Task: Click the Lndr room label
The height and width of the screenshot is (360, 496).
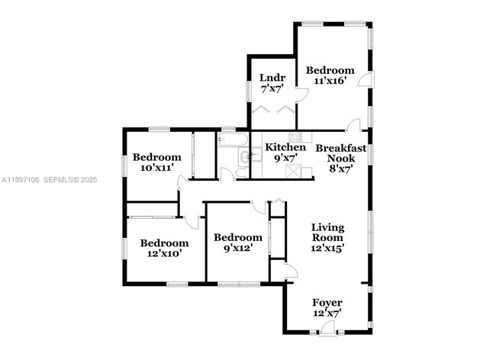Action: pyautogui.click(x=272, y=83)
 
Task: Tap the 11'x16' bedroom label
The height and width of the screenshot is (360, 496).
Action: pyautogui.click(x=330, y=76)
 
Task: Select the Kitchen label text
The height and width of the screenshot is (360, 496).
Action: pyautogui.click(x=285, y=152)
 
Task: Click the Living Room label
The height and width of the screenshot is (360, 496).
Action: pyautogui.click(x=327, y=237)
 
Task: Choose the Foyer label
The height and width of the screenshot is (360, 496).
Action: pyautogui.click(x=327, y=307)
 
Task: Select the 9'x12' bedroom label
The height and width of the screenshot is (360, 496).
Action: pyautogui.click(x=237, y=242)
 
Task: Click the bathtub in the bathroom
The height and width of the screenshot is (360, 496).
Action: pyautogui.click(x=230, y=140)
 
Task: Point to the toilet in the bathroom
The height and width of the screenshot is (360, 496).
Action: pyautogui.click(x=240, y=172)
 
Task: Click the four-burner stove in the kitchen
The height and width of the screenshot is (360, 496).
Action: pyautogui.click(x=306, y=138)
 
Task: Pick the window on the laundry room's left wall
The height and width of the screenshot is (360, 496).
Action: pyautogui.click(x=247, y=88)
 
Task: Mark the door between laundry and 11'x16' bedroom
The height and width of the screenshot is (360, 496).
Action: pyautogui.click(x=302, y=94)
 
